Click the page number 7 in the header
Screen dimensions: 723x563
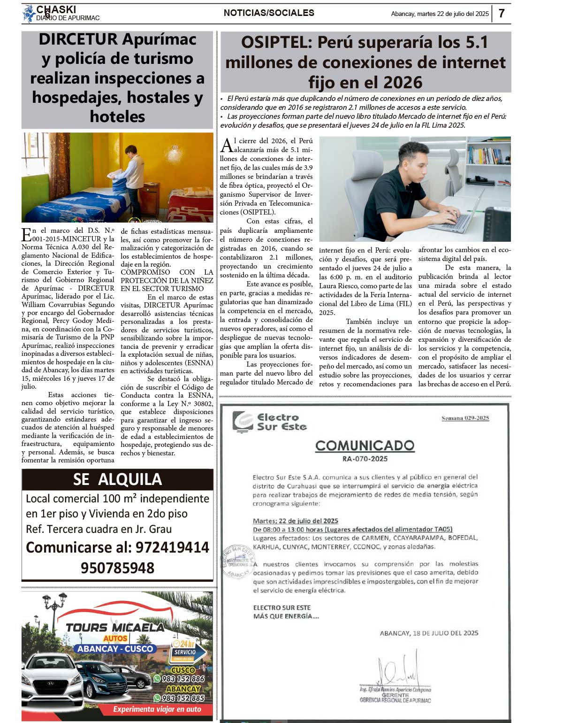tap(502, 13)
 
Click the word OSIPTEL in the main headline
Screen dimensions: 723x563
tap(276, 43)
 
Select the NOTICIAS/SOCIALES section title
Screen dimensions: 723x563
tap(269, 13)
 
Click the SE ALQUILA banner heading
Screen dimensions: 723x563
tap(117, 479)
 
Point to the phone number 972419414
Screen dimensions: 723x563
tap(172, 547)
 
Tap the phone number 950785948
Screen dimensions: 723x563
tap(117, 568)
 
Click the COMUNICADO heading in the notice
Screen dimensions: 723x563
tap(365, 445)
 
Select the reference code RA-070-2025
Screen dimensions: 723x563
tap(365, 459)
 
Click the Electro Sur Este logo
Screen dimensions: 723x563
tap(270, 422)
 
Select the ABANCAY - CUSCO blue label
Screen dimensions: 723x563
tap(115, 649)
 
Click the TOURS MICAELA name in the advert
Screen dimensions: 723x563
tap(115, 628)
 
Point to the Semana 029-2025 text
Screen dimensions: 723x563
tap(465, 418)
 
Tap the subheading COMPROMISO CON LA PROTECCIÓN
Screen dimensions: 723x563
tap(167, 280)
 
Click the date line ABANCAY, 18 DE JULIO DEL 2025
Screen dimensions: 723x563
tap(429, 633)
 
